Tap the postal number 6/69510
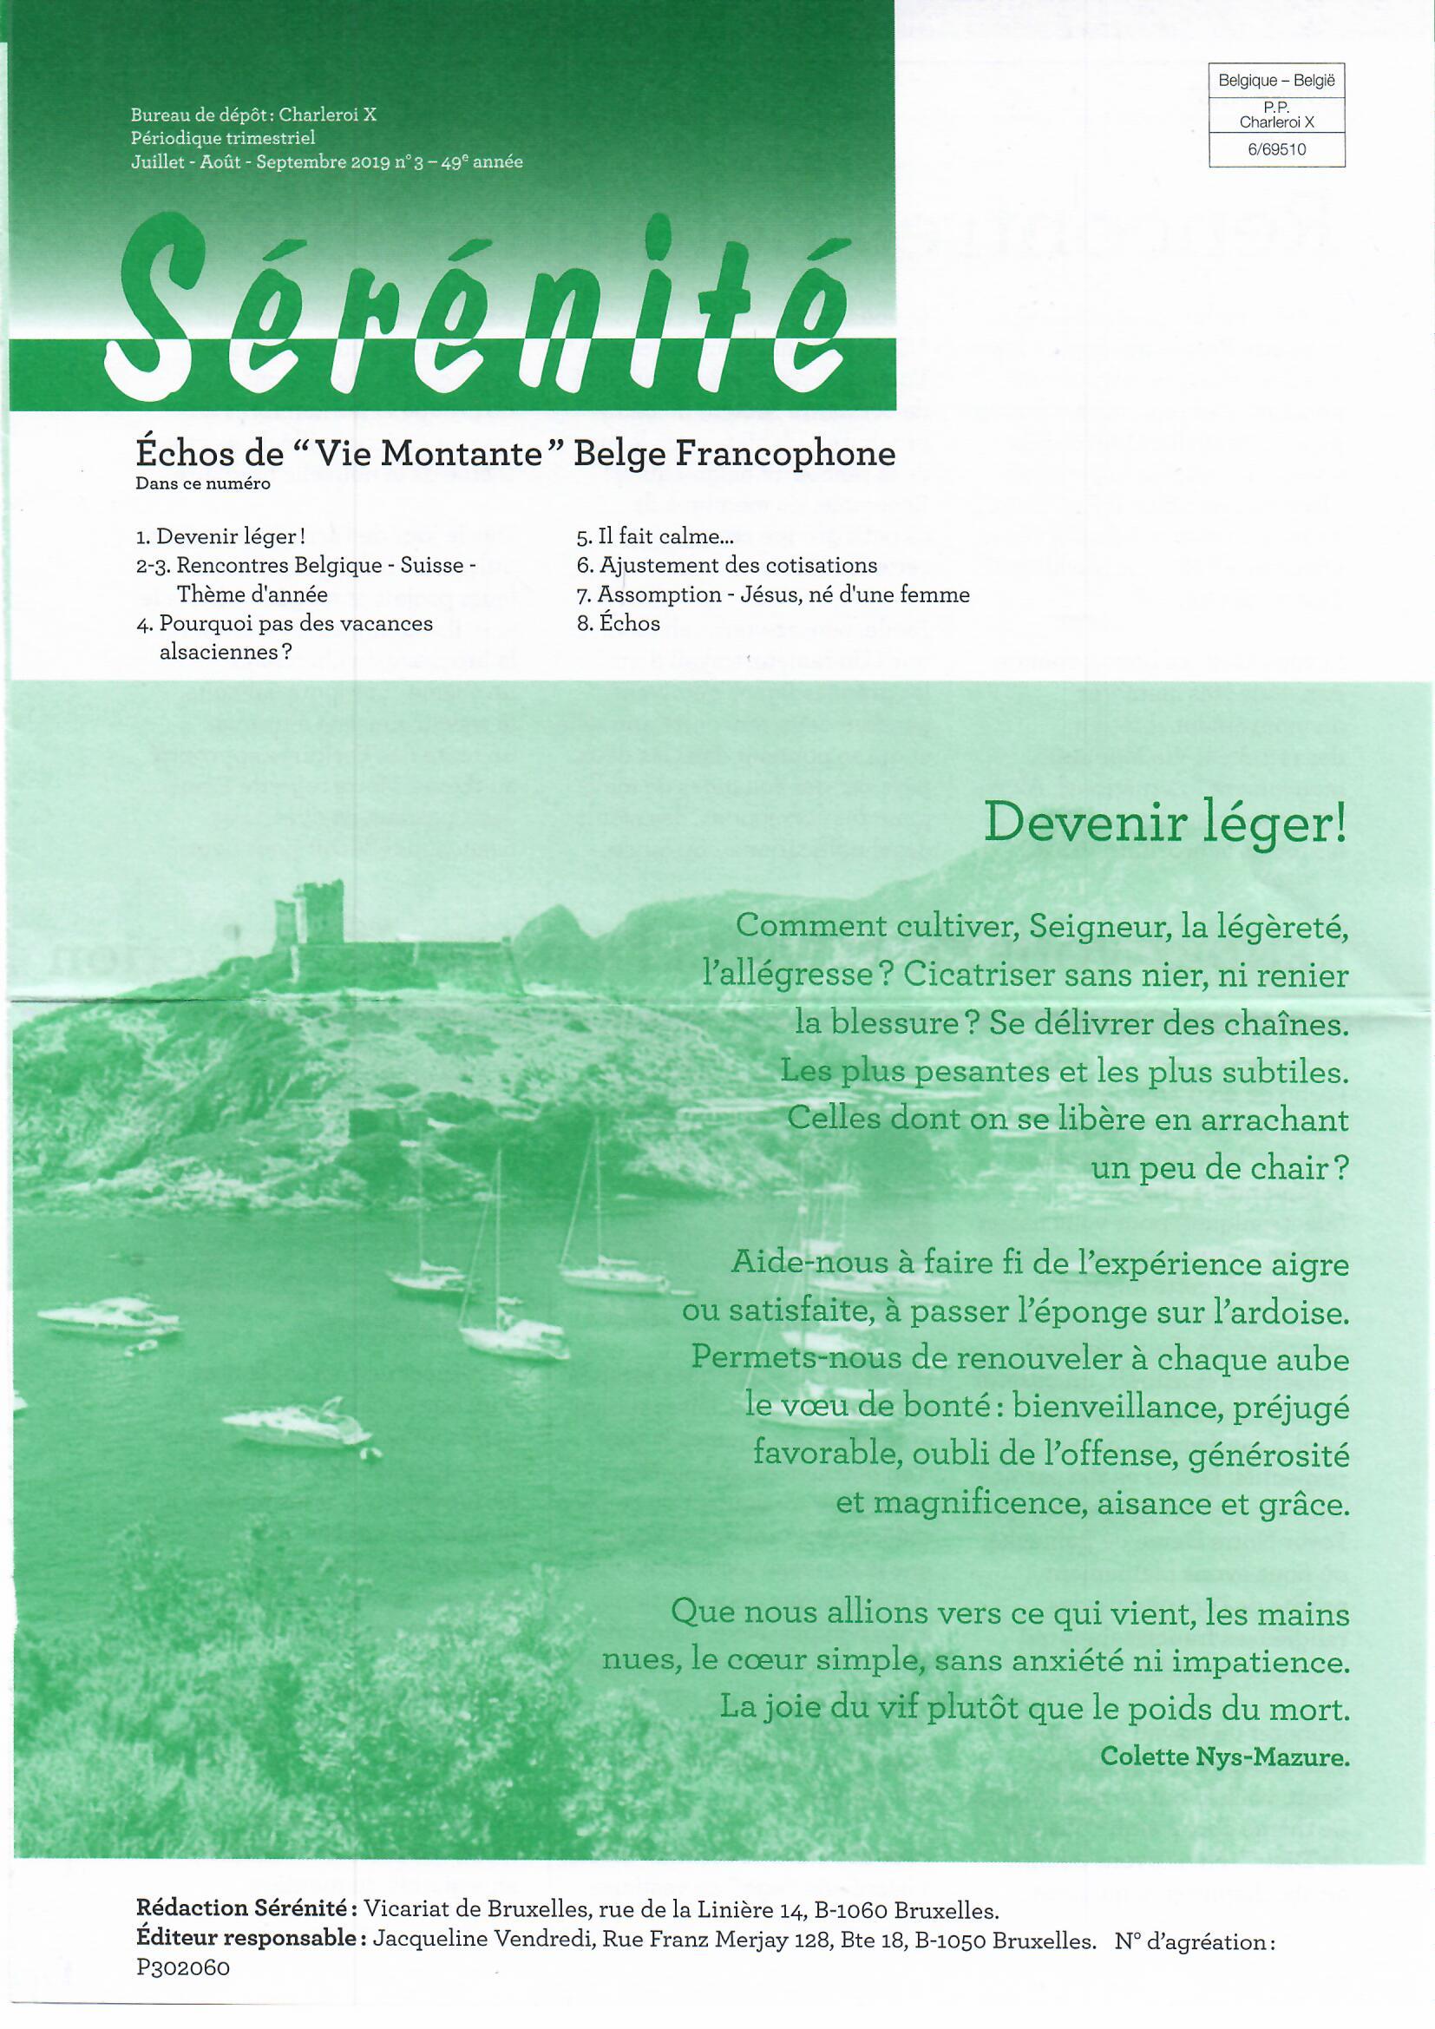(1277, 150)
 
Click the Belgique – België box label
(1277, 81)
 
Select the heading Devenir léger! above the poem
(1164, 825)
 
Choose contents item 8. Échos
(619, 623)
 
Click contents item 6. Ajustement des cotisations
(726, 566)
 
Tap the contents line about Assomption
(773, 594)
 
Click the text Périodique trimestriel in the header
(223, 138)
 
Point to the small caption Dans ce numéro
(203, 484)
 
